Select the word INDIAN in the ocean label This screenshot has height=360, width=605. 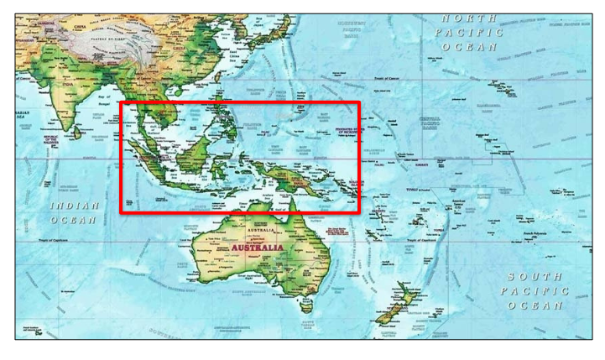[x=75, y=205]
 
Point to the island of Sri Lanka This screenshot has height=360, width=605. [x=78, y=132]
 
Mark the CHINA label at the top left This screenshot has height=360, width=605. [x=81, y=27]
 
